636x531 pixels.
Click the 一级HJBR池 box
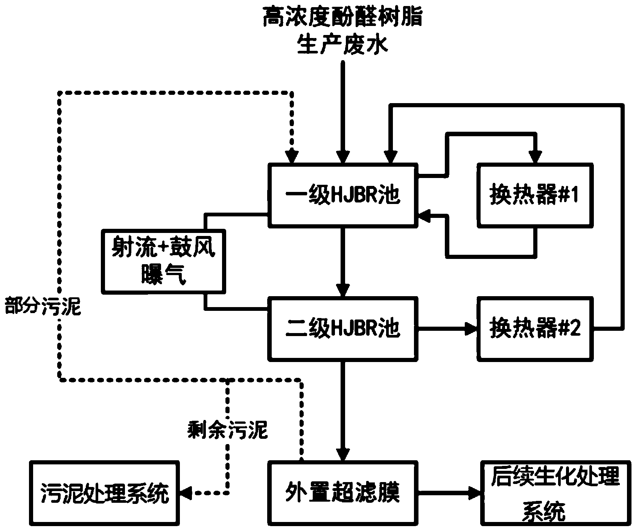pos(342,195)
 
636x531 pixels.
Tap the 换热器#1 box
pos(535,195)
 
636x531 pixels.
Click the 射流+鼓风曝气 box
pos(163,261)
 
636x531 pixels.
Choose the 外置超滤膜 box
pos(342,492)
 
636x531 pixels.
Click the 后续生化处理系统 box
pos(555,492)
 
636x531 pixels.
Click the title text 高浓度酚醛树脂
pos(342,18)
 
